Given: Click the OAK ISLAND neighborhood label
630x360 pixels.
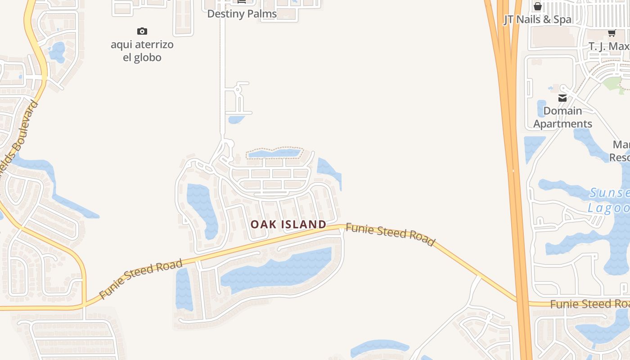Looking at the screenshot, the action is (x=288, y=224).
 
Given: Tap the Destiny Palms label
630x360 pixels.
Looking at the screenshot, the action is (x=242, y=14).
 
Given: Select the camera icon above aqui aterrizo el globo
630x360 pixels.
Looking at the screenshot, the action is (x=142, y=31).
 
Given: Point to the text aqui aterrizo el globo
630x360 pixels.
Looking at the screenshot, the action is (x=142, y=51).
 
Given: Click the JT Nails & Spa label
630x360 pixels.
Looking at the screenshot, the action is (x=537, y=19).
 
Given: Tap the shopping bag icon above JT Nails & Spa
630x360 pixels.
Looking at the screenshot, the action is (x=537, y=6).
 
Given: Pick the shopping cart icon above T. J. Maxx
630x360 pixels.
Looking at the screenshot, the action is (x=612, y=33).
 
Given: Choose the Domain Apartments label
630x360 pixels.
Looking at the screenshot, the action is (x=562, y=117).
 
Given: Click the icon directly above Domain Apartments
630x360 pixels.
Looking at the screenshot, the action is (x=562, y=98).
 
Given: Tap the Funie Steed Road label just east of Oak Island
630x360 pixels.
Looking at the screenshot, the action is (x=390, y=235).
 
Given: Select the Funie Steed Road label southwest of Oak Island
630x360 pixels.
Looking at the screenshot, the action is (x=141, y=279).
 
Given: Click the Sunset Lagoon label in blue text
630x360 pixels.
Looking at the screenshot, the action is (x=610, y=200).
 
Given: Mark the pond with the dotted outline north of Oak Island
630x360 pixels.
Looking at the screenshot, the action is (x=274, y=153).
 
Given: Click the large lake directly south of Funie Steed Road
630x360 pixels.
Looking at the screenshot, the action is (x=279, y=270).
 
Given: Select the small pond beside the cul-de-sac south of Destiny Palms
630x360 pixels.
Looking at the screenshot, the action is (x=235, y=119).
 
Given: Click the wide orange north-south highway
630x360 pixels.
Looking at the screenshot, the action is (x=510, y=135).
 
